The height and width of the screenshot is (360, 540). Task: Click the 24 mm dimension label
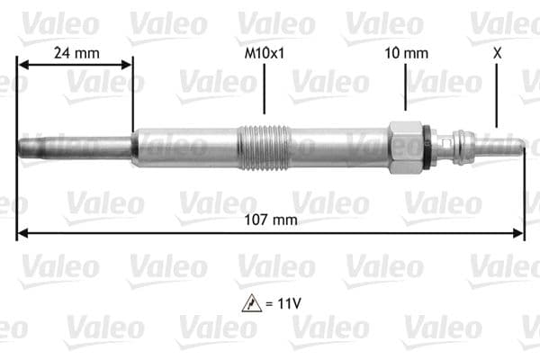tap(76, 52)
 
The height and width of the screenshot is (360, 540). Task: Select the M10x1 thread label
tap(265, 52)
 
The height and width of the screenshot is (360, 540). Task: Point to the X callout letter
tap(497, 52)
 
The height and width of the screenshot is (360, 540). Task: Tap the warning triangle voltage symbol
tap(251, 304)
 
